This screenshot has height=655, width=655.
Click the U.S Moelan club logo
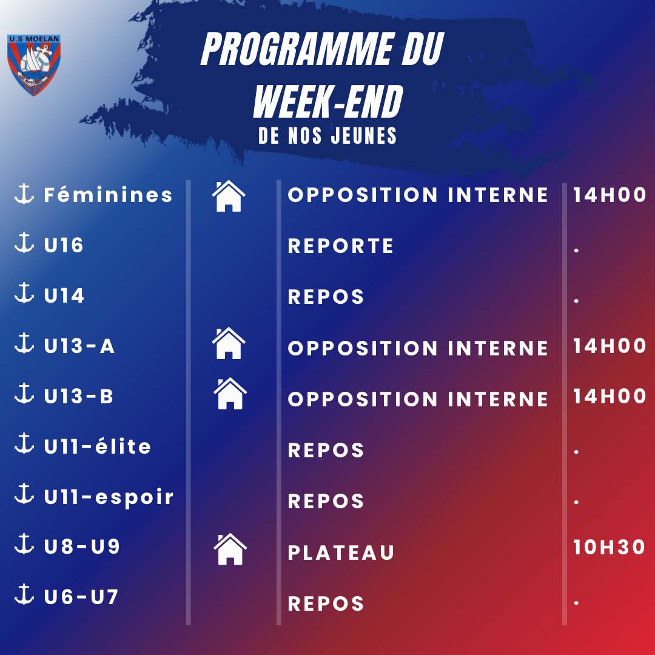(34, 65)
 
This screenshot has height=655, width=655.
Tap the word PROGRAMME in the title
(297, 49)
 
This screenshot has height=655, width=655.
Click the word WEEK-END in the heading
(328, 101)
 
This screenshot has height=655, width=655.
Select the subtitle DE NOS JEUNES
(327, 136)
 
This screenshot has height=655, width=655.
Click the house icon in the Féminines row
(229, 196)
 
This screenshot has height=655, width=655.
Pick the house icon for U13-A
(229, 343)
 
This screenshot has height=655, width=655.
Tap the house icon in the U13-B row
(230, 394)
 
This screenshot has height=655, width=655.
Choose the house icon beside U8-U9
(230, 549)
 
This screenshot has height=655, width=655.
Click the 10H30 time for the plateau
(609, 547)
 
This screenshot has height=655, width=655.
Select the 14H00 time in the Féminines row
(610, 195)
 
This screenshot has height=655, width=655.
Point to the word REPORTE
(340, 246)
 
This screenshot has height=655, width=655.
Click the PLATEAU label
(341, 553)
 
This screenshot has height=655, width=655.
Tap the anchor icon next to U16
(24, 242)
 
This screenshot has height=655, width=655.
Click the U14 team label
(64, 295)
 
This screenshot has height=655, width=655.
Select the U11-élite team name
(97, 446)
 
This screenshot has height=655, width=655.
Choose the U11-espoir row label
(109, 497)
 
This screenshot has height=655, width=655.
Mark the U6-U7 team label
(81, 597)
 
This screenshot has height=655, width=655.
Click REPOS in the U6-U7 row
(326, 603)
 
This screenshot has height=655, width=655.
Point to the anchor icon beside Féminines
(24, 194)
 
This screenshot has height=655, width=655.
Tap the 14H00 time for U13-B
(610, 396)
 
